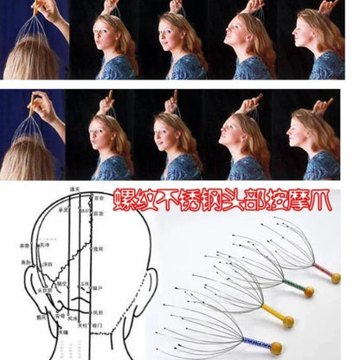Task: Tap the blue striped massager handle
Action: (256, 340)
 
